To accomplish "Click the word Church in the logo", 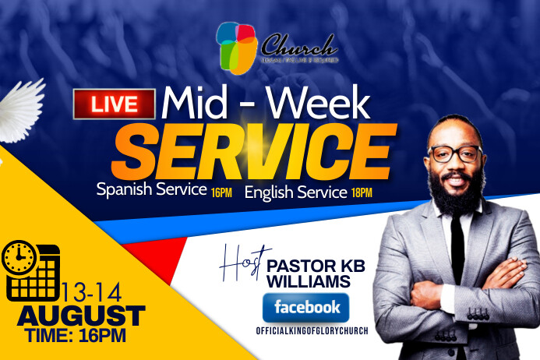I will (298, 44).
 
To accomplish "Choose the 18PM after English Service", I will (361, 192).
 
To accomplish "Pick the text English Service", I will (295, 191).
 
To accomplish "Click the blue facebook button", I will (305, 308).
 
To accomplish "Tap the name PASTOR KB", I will (316, 266).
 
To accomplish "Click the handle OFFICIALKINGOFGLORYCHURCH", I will (312, 331).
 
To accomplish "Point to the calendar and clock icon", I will (31, 270).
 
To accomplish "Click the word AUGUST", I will (81, 316).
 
